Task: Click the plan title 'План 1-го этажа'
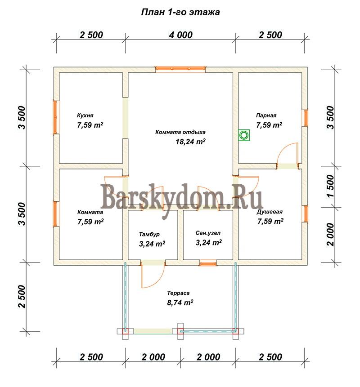(x=180, y=12)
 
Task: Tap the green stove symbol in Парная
(x=244, y=135)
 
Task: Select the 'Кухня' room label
(x=85, y=116)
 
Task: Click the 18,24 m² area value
(x=190, y=142)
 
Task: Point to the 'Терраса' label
(x=178, y=293)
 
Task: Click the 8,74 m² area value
(x=180, y=302)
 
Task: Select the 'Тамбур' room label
(x=149, y=234)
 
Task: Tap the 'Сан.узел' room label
(x=208, y=233)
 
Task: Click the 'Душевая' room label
(x=270, y=212)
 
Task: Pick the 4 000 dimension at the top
(x=180, y=35)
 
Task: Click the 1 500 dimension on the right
(x=330, y=187)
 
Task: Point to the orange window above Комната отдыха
(x=180, y=69)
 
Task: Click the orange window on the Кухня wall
(x=56, y=117)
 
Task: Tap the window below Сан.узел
(x=208, y=263)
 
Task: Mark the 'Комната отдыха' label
(x=180, y=132)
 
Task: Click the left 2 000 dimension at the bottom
(x=153, y=357)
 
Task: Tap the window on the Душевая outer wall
(x=306, y=214)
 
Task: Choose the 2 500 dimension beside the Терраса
(x=22, y=296)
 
